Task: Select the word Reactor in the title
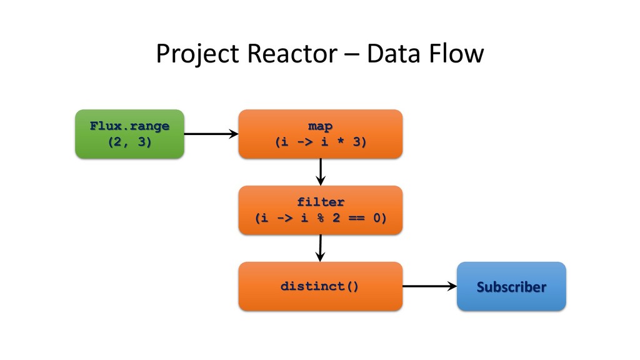pyautogui.click(x=292, y=54)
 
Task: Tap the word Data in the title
pyautogui.click(x=394, y=54)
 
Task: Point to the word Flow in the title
pyautogui.click(x=456, y=54)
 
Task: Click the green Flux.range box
pyautogui.click(x=130, y=134)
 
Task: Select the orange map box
pyautogui.click(x=321, y=134)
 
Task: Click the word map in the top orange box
pyautogui.click(x=321, y=126)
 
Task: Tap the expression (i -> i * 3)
pyautogui.click(x=321, y=142)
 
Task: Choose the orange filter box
pyautogui.click(x=321, y=210)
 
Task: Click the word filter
pyautogui.click(x=321, y=202)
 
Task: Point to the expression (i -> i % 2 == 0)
pyautogui.click(x=321, y=218)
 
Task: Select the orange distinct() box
pyautogui.click(x=321, y=286)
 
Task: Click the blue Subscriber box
pyautogui.click(x=511, y=286)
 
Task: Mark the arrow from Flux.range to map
pyautogui.click(x=211, y=134)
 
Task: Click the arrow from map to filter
pyautogui.click(x=321, y=172)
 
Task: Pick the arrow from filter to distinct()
pyautogui.click(x=321, y=248)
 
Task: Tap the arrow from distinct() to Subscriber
pyautogui.click(x=430, y=286)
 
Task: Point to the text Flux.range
pyautogui.click(x=130, y=126)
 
